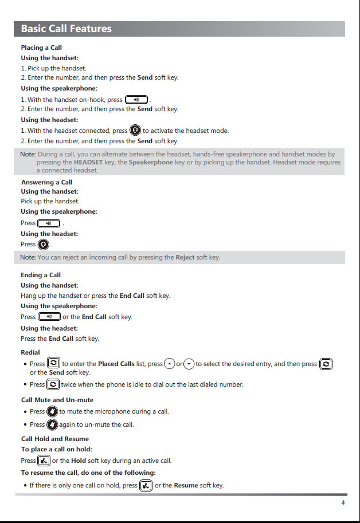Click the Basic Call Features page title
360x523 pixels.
tap(66, 29)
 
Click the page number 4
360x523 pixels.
tap(343, 503)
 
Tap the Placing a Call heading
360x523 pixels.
tap(41, 48)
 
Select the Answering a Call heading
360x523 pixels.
tap(46, 182)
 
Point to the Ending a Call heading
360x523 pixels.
tap(41, 275)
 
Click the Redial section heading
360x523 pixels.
tap(30, 352)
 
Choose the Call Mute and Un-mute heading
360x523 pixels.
tap(57, 400)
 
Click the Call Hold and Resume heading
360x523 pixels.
tap(55, 439)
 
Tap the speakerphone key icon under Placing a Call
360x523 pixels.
tap(136, 99)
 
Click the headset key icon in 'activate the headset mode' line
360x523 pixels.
tap(135, 131)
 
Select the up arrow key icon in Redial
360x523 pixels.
tap(170, 364)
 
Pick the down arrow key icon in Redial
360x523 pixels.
tap(189, 364)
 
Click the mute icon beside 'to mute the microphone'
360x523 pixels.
tap(52, 411)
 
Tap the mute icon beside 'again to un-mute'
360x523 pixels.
tap(52, 424)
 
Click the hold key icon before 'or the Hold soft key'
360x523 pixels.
tap(44, 461)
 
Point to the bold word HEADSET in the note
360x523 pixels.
tap(88, 162)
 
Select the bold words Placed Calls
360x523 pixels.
tap(116, 364)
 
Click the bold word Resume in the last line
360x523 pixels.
tap(186, 486)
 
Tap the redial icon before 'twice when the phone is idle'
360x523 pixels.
tap(53, 384)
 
